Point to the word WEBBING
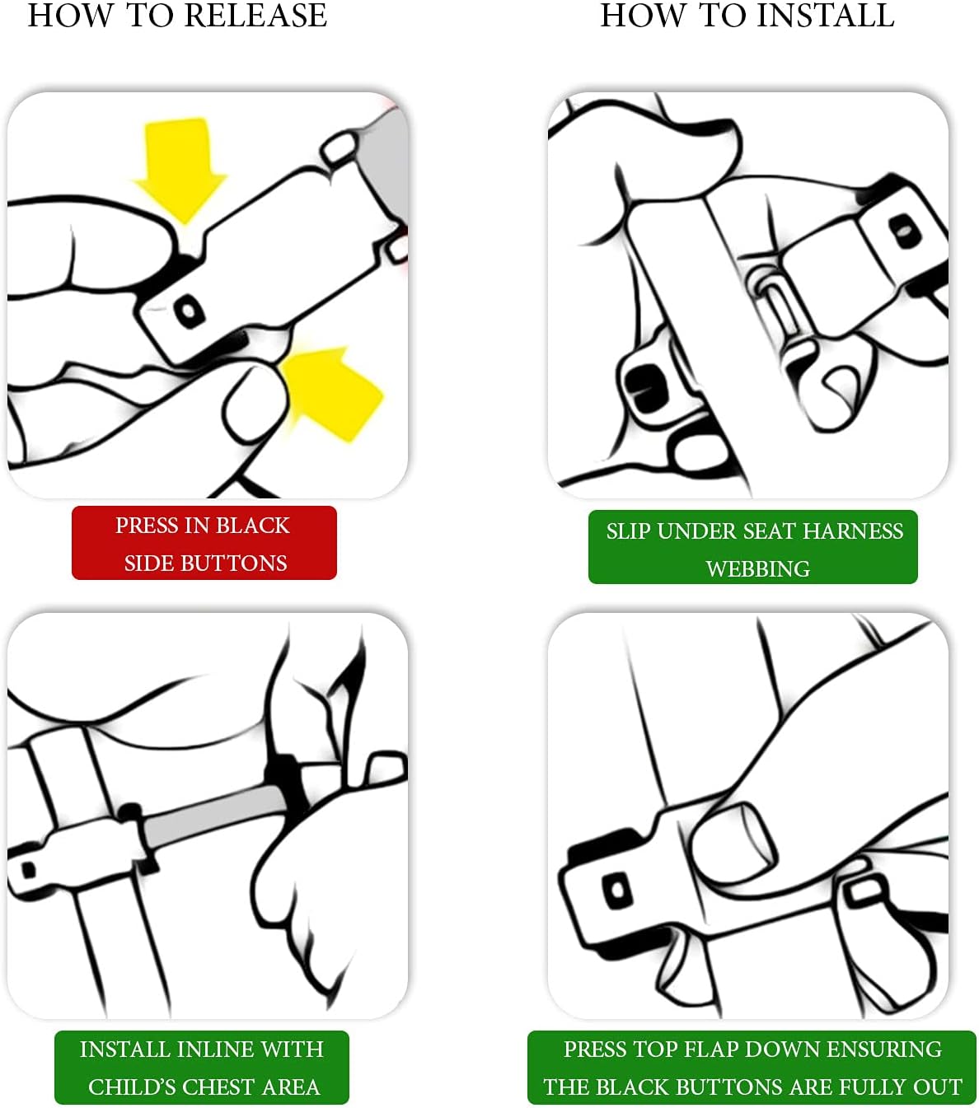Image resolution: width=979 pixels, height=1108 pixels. (757, 568)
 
